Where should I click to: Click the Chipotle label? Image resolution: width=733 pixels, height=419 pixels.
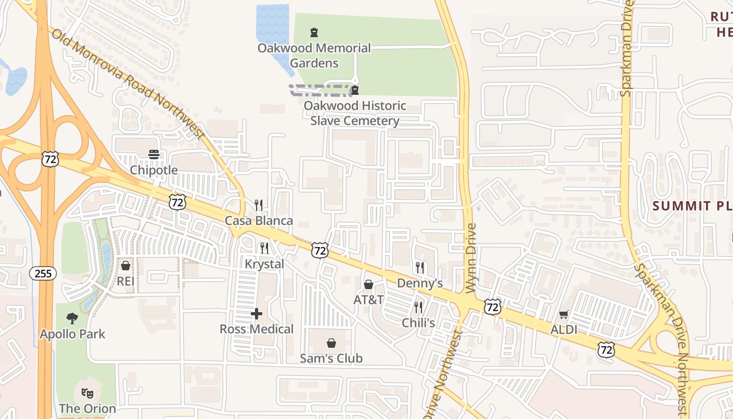point(153,170)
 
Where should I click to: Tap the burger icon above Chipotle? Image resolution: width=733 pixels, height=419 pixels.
point(153,155)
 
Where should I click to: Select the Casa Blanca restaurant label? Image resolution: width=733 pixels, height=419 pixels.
point(259,220)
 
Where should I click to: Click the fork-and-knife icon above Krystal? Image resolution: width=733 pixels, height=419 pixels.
point(264,248)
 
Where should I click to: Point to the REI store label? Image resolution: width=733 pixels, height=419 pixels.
point(126,281)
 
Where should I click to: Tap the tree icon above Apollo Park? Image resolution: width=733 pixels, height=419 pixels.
point(72,318)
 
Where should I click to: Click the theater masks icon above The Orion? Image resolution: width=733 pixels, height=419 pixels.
point(87,393)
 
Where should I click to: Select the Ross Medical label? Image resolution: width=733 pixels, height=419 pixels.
point(257,329)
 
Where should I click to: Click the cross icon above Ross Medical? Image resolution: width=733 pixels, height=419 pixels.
point(257,314)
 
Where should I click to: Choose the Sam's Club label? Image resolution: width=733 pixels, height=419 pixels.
point(331,358)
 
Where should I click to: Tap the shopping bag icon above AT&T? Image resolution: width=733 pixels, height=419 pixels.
point(369,284)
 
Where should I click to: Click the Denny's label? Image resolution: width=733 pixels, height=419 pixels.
point(420,283)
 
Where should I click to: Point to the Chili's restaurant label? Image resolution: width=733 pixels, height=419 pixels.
point(418,323)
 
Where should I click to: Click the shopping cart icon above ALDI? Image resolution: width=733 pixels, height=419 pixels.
point(563,315)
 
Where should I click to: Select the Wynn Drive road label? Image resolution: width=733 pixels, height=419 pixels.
point(471,258)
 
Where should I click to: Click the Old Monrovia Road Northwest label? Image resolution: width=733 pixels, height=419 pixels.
point(128,84)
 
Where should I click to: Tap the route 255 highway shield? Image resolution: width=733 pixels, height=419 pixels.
point(43,273)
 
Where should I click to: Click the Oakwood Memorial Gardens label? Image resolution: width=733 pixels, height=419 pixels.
point(314,56)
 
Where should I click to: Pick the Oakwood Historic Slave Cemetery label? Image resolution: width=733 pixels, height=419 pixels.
point(355,113)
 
